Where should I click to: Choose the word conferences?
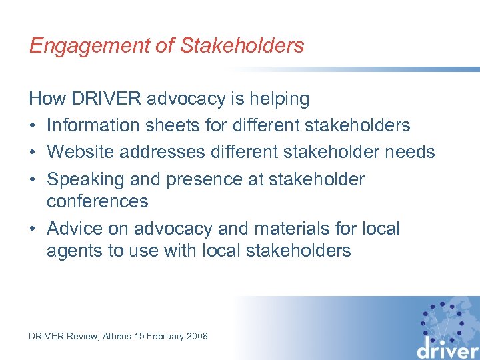(97, 201)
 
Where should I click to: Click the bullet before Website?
(33, 153)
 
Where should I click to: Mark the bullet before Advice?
(33, 229)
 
